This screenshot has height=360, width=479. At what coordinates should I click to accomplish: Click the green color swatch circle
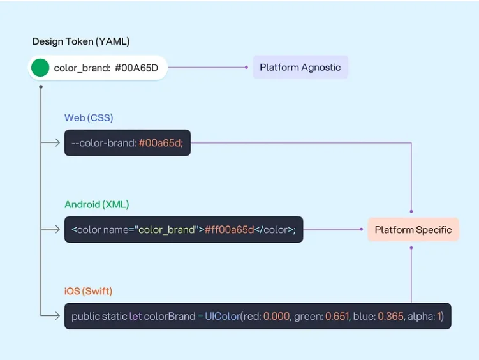[40, 68]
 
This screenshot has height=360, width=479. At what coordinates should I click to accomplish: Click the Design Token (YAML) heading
[81, 41]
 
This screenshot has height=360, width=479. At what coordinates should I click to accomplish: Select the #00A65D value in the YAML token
[136, 68]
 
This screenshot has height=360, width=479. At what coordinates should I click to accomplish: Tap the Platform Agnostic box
[300, 67]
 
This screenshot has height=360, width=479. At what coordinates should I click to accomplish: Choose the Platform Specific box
[413, 230]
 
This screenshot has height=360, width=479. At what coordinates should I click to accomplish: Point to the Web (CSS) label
[89, 118]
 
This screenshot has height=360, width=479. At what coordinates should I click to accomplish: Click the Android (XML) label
[96, 204]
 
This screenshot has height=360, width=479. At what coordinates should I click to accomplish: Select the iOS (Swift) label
[88, 291]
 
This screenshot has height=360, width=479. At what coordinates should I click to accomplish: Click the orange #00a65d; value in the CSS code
[161, 143]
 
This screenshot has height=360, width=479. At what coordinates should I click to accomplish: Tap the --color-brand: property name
[103, 143]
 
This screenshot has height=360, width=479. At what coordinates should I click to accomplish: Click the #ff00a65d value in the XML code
[230, 230]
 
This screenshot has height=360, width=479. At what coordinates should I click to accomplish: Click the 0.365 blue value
[391, 316]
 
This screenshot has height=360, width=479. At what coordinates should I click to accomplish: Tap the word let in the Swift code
[135, 316]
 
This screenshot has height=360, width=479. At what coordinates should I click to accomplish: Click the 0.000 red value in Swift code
[277, 316]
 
